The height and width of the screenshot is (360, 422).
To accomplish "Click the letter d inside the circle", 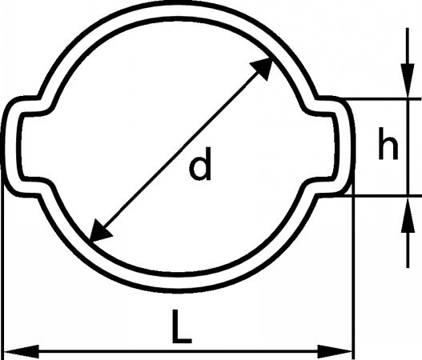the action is (x=200, y=165).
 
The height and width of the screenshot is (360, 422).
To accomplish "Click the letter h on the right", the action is (x=388, y=143).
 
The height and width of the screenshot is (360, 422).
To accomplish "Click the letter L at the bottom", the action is (x=182, y=326).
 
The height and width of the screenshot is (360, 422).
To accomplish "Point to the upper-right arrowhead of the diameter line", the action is (x=263, y=69).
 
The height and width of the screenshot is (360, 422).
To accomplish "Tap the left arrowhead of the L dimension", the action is (x=22, y=351).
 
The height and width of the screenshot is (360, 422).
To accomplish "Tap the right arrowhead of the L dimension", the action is (x=335, y=351).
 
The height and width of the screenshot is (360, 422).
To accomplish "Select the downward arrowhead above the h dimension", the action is (x=408, y=80).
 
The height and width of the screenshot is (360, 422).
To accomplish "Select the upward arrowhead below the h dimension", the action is (x=408, y=215).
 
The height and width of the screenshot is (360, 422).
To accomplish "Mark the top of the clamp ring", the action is (x=178, y=9).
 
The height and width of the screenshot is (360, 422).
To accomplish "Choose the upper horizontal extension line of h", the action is (x=382, y=99).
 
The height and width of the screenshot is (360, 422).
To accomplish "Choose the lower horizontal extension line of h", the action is (x=382, y=196).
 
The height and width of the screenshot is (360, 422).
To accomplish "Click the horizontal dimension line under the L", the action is (x=178, y=351).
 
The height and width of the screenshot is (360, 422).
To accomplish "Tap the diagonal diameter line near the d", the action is (x=181, y=150).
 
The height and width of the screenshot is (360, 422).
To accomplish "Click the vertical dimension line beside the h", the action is (x=408, y=148).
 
